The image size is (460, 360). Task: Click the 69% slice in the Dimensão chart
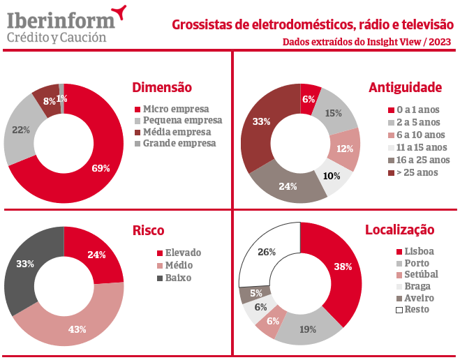(101, 167)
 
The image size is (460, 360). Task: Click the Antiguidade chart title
(405, 87)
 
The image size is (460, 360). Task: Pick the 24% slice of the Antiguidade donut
(288, 186)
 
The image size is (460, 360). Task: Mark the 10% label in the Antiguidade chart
(332, 175)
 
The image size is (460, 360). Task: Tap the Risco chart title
(148, 230)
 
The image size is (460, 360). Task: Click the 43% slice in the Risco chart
(77, 329)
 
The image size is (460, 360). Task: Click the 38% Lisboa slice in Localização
(343, 267)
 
